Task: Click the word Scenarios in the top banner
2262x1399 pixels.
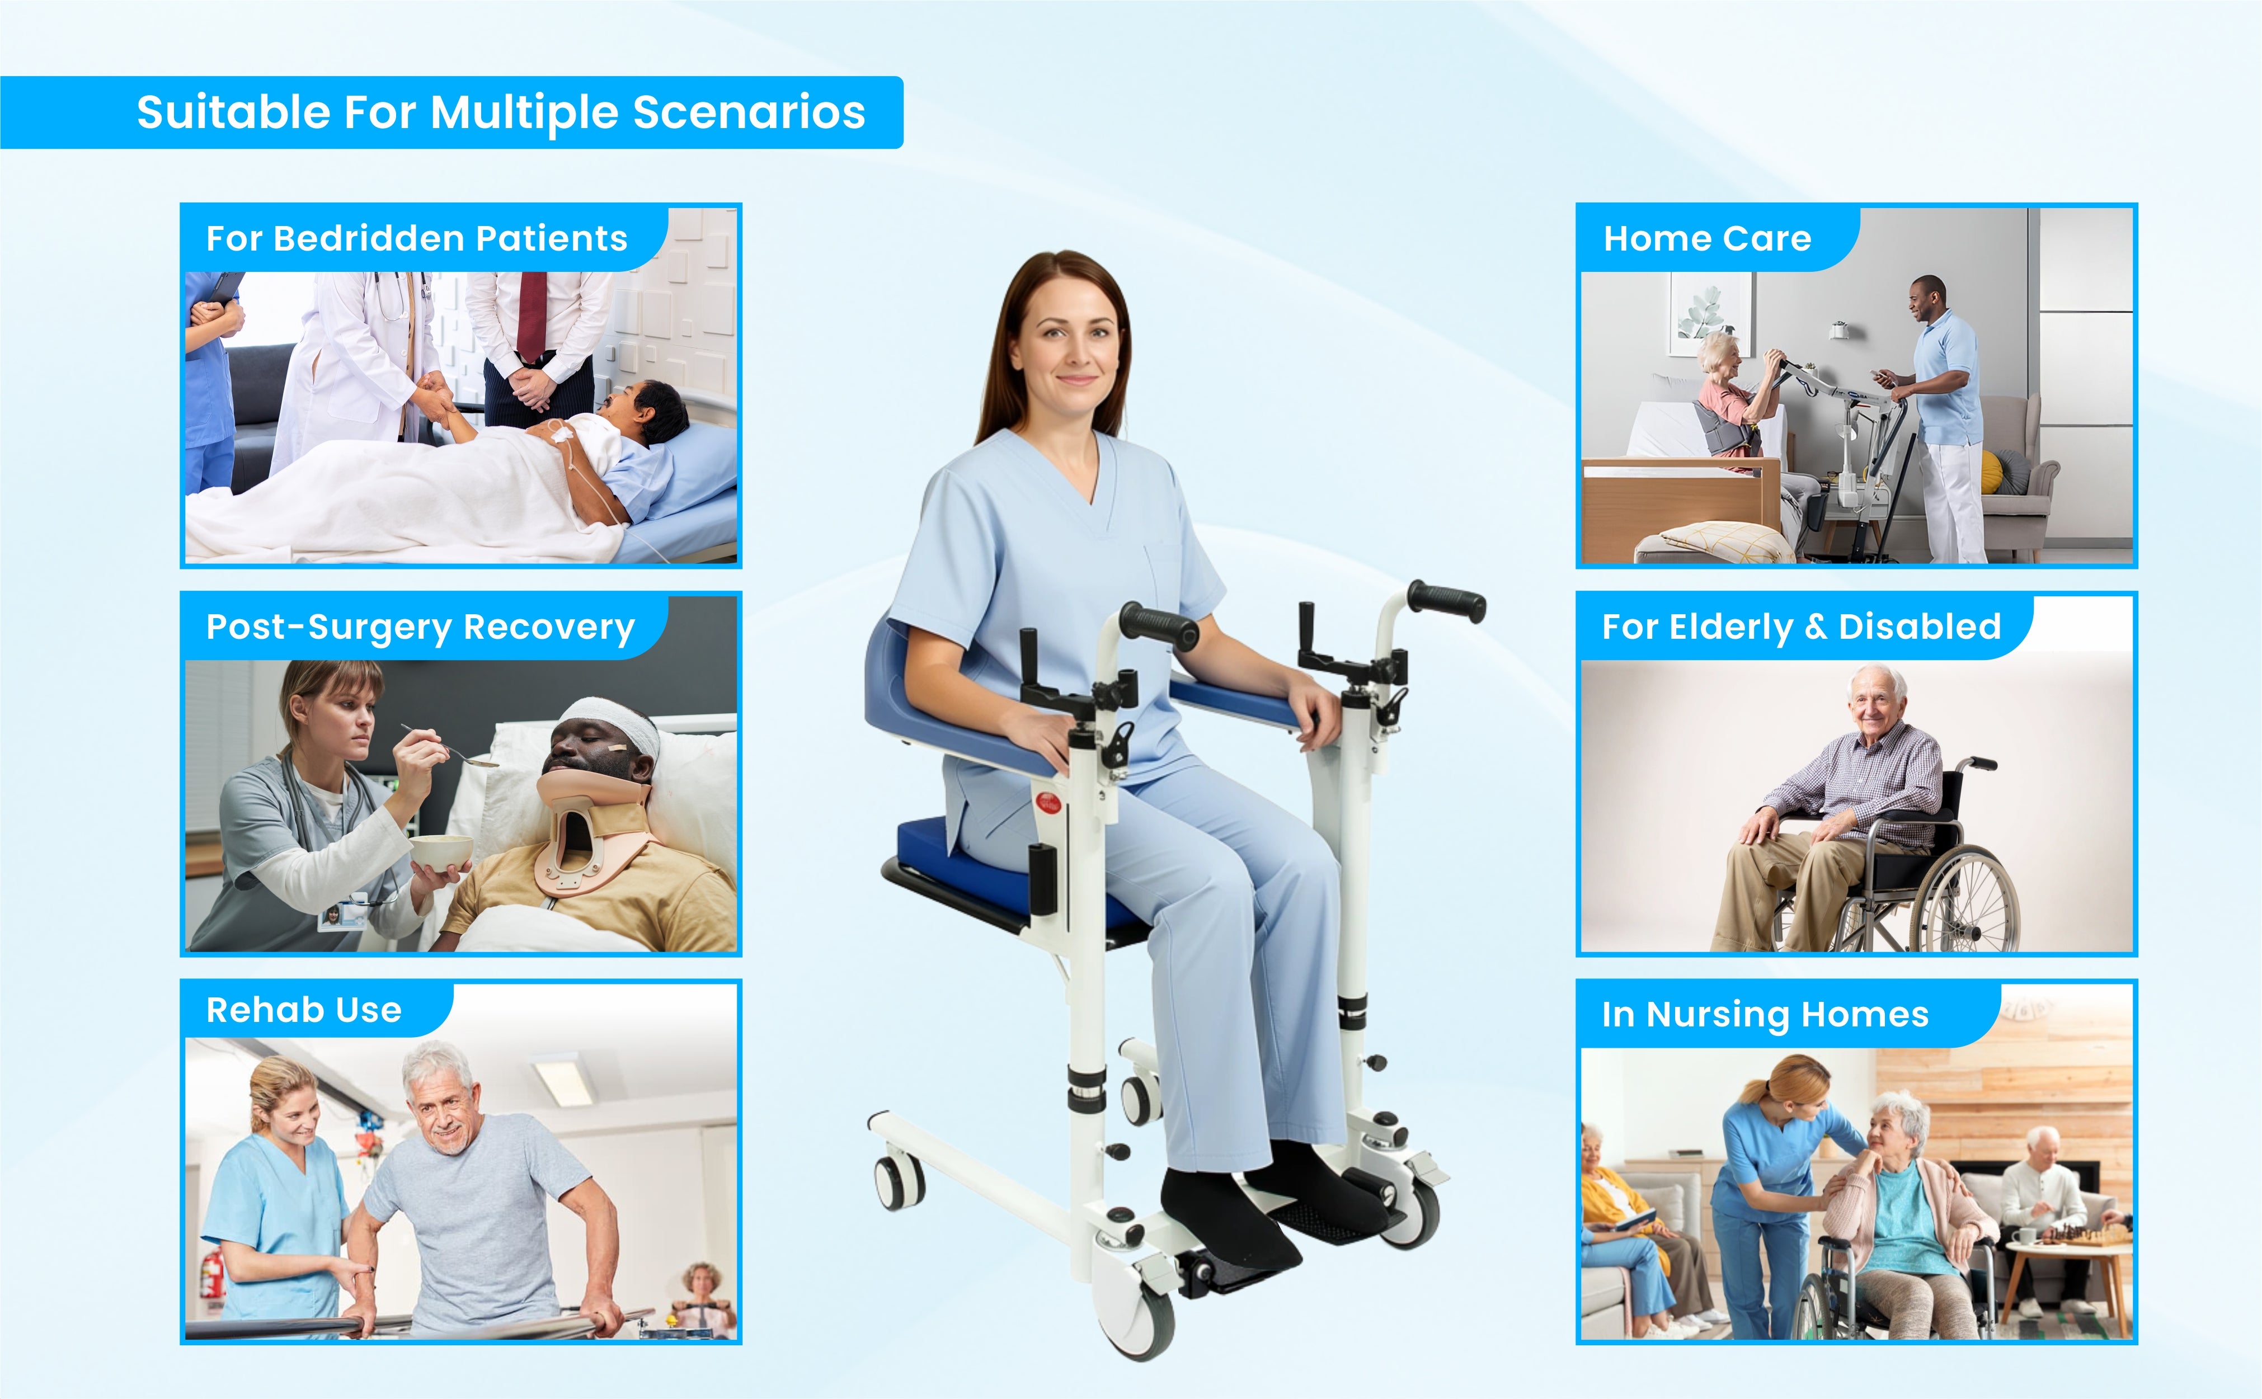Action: [x=749, y=112]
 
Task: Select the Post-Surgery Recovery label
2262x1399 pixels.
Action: [x=420, y=627]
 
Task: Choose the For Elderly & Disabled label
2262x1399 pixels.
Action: [x=1802, y=627]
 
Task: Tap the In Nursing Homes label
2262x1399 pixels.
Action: [x=1765, y=1014]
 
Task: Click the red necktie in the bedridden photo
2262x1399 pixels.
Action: [x=532, y=314]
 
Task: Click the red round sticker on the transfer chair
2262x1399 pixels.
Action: [x=1046, y=802]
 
